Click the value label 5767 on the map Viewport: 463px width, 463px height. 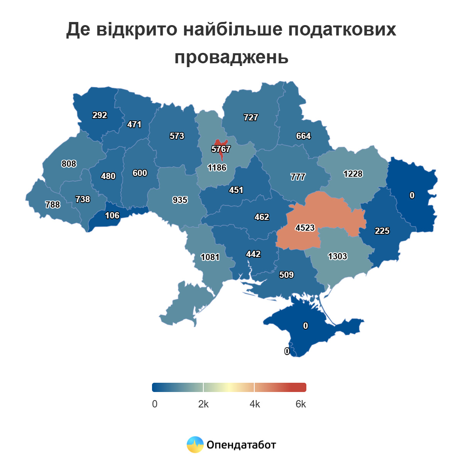pyautogui.click(x=221, y=149)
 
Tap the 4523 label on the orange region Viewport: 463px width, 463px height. pyautogui.click(x=305, y=228)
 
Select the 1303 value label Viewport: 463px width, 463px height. pyautogui.click(x=337, y=256)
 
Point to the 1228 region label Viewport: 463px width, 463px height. pyautogui.click(x=353, y=174)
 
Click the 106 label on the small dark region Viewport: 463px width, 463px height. pyautogui.click(x=112, y=215)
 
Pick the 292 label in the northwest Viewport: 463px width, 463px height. pyautogui.click(x=100, y=115)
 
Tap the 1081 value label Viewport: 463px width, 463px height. pyautogui.click(x=210, y=257)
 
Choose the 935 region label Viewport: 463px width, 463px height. pyautogui.click(x=180, y=200)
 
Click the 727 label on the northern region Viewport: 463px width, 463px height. pyautogui.click(x=251, y=117)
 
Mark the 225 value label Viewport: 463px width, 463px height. pyautogui.click(x=382, y=231)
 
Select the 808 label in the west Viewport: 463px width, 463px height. pyautogui.click(x=69, y=164)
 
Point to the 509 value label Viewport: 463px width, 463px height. pyautogui.click(x=286, y=275)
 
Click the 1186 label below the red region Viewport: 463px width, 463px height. pyautogui.click(x=217, y=167)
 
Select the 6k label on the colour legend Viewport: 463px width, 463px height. pyautogui.click(x=301, y=404)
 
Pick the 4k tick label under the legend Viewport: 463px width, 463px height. pyautogui.click(x=255, y=404)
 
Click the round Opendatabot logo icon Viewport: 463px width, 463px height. pyautogui.click(x=195, y=444)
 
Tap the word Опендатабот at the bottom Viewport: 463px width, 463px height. pyautogui.click(x=242, y=445)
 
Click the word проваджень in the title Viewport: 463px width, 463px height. pyautogui.click(x=231, y=57)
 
